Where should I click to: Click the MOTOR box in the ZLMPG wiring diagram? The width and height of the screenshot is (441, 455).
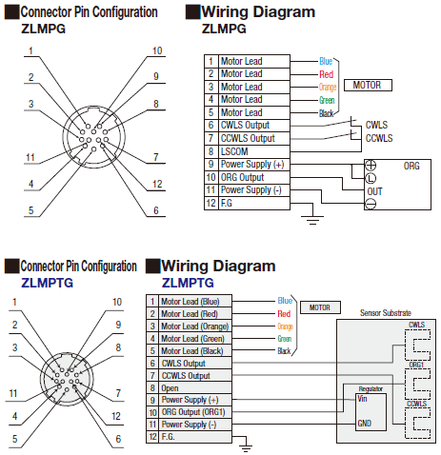(368, 85)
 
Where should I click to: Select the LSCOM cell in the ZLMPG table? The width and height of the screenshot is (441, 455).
(254, 151)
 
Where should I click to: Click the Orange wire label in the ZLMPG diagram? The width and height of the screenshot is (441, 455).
(328, 87)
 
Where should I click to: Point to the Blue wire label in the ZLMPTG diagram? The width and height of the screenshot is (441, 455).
(285, 301)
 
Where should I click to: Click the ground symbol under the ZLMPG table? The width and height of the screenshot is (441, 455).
(312, 220)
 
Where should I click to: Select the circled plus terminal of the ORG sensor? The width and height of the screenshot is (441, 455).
(371, 166)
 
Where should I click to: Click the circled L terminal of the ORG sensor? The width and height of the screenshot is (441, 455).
(371, 178)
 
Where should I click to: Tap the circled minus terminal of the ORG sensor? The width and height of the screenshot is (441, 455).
(371, 204)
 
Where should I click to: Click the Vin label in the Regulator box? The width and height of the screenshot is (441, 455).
(362, 399)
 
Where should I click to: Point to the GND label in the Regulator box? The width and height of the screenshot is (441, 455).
(365, 424)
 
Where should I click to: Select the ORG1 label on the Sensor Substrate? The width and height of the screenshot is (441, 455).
(416, 365)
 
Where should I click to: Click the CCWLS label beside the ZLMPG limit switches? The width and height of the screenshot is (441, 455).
(379, 138)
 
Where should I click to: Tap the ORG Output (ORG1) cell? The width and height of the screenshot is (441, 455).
(195, 412)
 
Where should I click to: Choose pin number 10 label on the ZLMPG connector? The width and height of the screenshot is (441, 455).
(157, 50)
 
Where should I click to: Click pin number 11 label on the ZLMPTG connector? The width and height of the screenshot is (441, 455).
(13, 393)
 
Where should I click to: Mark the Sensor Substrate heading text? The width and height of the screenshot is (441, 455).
(386, 313)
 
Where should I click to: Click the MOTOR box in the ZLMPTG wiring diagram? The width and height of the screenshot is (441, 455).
(320, 307)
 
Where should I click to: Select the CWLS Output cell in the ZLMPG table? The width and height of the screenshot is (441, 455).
(254, 126)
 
